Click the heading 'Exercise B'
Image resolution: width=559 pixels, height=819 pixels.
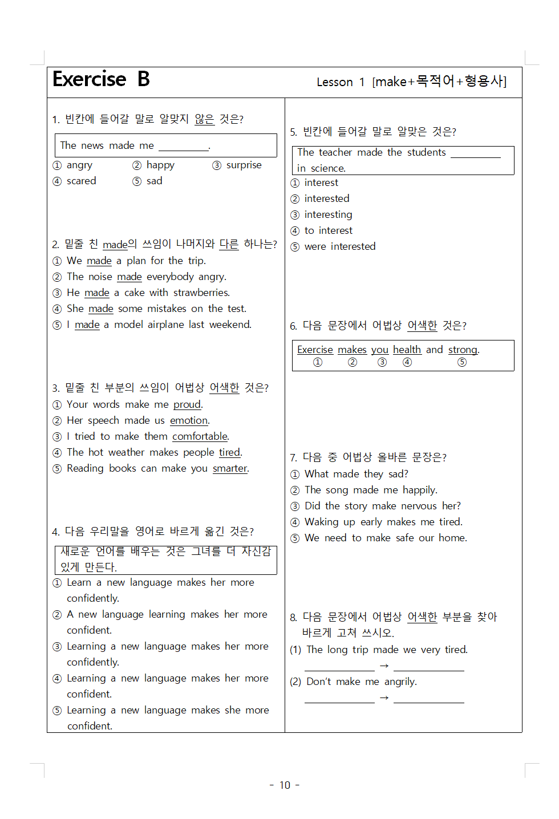pos(101,79)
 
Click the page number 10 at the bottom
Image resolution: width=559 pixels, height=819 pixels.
pos(285,785)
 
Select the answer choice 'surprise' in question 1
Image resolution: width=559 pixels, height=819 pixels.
pos(244,165)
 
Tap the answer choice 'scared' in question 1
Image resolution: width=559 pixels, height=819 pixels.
pos(81,181)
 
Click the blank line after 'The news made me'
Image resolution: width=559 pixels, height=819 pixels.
pos(184,147)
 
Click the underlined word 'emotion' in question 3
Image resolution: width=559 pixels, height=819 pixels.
pos(189,420)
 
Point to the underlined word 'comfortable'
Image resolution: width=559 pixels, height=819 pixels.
pos(200,436)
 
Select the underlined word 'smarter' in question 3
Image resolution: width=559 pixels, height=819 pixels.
pos(230,468)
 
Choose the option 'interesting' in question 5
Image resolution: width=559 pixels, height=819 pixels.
pos(328,214)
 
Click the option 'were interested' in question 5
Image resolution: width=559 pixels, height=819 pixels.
pos(339,246)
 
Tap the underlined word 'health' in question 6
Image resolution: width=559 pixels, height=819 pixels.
pos(407,350)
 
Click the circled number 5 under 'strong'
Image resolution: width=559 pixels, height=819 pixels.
pos(462,362)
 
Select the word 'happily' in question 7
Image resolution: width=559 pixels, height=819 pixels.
pos(419,490)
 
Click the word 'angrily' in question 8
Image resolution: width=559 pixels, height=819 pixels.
pos(400,682)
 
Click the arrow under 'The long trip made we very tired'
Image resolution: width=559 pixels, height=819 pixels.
pos(384,666)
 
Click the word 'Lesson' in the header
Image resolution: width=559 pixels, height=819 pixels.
pos(335,82)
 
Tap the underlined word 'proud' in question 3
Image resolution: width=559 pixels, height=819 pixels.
pos(187,404)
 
